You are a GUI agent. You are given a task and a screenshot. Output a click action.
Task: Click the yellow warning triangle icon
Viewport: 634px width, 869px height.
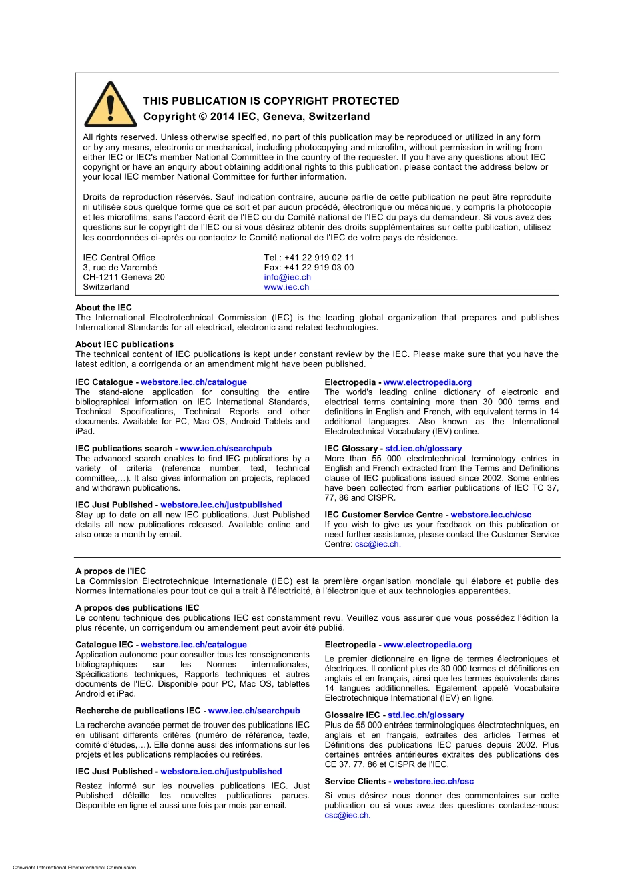pyautogui.click(x=110, y=105)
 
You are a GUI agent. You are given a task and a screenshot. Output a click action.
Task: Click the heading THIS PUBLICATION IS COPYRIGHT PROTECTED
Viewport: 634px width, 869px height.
pyautogui.click(x=271, y=101)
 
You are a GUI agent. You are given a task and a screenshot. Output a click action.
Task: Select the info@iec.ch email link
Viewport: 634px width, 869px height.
pyautogui.click(x=287, y=277)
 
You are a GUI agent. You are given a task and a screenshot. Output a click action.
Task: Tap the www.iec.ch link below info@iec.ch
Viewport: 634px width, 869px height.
pyautogui.click(x=286, y=287)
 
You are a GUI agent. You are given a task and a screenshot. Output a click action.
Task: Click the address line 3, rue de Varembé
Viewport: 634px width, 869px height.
pyautogui.click(x=120, y=268)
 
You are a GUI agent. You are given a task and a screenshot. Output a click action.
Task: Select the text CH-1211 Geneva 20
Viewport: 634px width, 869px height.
pyautogui.click(x=123, y=277)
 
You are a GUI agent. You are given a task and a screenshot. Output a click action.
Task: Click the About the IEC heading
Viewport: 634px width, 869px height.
pyautogui.click(x=103, y=308)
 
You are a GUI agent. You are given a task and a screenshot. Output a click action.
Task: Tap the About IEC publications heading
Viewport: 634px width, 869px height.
pyautogui.click(x=124, y=344)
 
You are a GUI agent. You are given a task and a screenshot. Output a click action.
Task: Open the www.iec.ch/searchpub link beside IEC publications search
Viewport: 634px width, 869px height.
pyautogui.click(x=226, y=449)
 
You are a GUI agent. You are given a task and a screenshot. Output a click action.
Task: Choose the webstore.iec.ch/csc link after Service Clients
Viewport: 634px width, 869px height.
pyautogui.click(x=433, y=781)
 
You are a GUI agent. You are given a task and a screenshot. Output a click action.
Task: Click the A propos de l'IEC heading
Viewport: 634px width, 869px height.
pyautogui.click(x=111, y=571)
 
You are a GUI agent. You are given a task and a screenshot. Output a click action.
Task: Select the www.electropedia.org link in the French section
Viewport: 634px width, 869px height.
pyautogui.click(x=427, y=645)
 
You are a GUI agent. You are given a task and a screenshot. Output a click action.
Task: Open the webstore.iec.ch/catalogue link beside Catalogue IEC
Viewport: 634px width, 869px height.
pyautogui.click(x=194, y=645)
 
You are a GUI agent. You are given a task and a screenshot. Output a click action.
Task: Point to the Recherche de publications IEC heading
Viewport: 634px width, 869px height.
pyautogui.click(x=139, y=711)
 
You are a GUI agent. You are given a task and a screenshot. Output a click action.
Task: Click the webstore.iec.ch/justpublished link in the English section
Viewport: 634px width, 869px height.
pyautogui.click(x=221, y=505)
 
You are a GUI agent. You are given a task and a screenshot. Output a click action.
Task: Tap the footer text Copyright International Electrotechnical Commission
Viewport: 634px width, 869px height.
pyautogui.click(x=74, y=866)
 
